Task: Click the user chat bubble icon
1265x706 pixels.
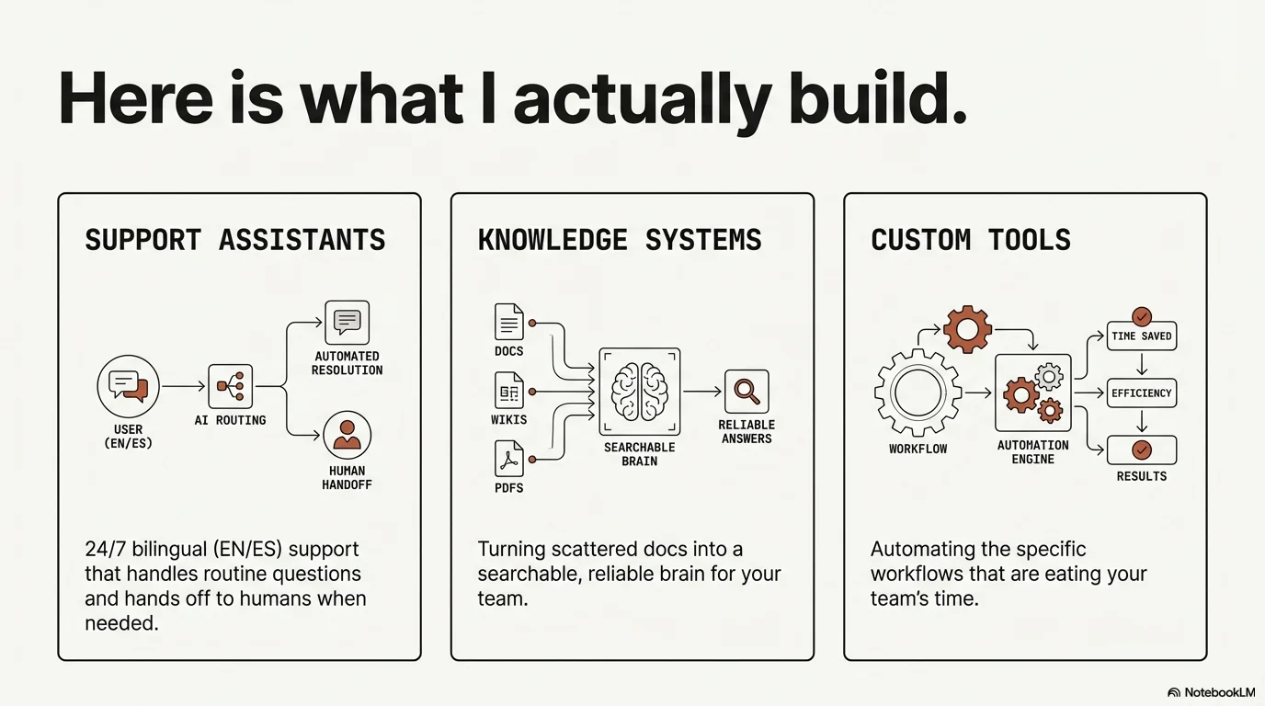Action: [128, 386]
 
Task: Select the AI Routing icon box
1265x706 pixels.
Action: [230, 387]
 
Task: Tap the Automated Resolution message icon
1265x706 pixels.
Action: [347, 322]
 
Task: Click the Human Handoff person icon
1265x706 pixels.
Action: [347, 435]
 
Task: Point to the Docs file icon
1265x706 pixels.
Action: [508, 323]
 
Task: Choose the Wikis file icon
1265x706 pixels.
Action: [508, 391]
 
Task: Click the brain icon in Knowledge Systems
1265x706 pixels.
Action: [639, 391]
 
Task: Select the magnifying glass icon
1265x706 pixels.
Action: [746, 392]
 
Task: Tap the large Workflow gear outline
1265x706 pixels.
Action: [917, 393]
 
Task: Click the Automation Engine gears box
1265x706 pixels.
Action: [1032, 393]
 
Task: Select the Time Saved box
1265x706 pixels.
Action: [1141, 336]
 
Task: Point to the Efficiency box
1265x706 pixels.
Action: [1141, 393]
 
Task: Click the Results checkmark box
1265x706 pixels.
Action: [1141, 450]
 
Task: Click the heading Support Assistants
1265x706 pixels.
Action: [234, 240]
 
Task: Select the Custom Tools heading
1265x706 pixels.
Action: [971, 240]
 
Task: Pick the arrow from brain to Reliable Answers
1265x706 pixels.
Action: [702, 392]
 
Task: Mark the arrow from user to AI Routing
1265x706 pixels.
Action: [183, 387]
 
